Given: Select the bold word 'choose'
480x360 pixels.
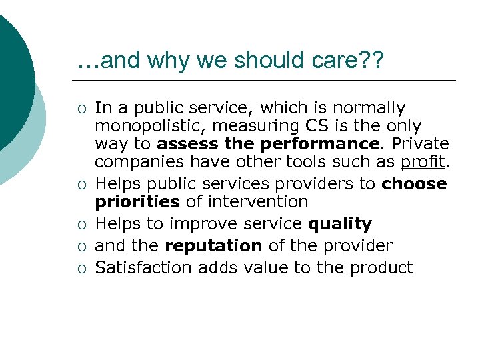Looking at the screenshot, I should pyautogui.click(x=414, y=184).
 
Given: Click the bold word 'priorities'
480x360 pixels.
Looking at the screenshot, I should pyautogui.click(x=137, y=202).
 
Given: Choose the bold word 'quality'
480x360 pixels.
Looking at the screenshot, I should pyautogui.click(x=340, y=224).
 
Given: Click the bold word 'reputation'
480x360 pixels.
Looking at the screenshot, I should pyautogui.click(x=213, y=246).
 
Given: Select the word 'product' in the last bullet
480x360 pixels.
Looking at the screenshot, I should pyautogui.click(x=384, y=268).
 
